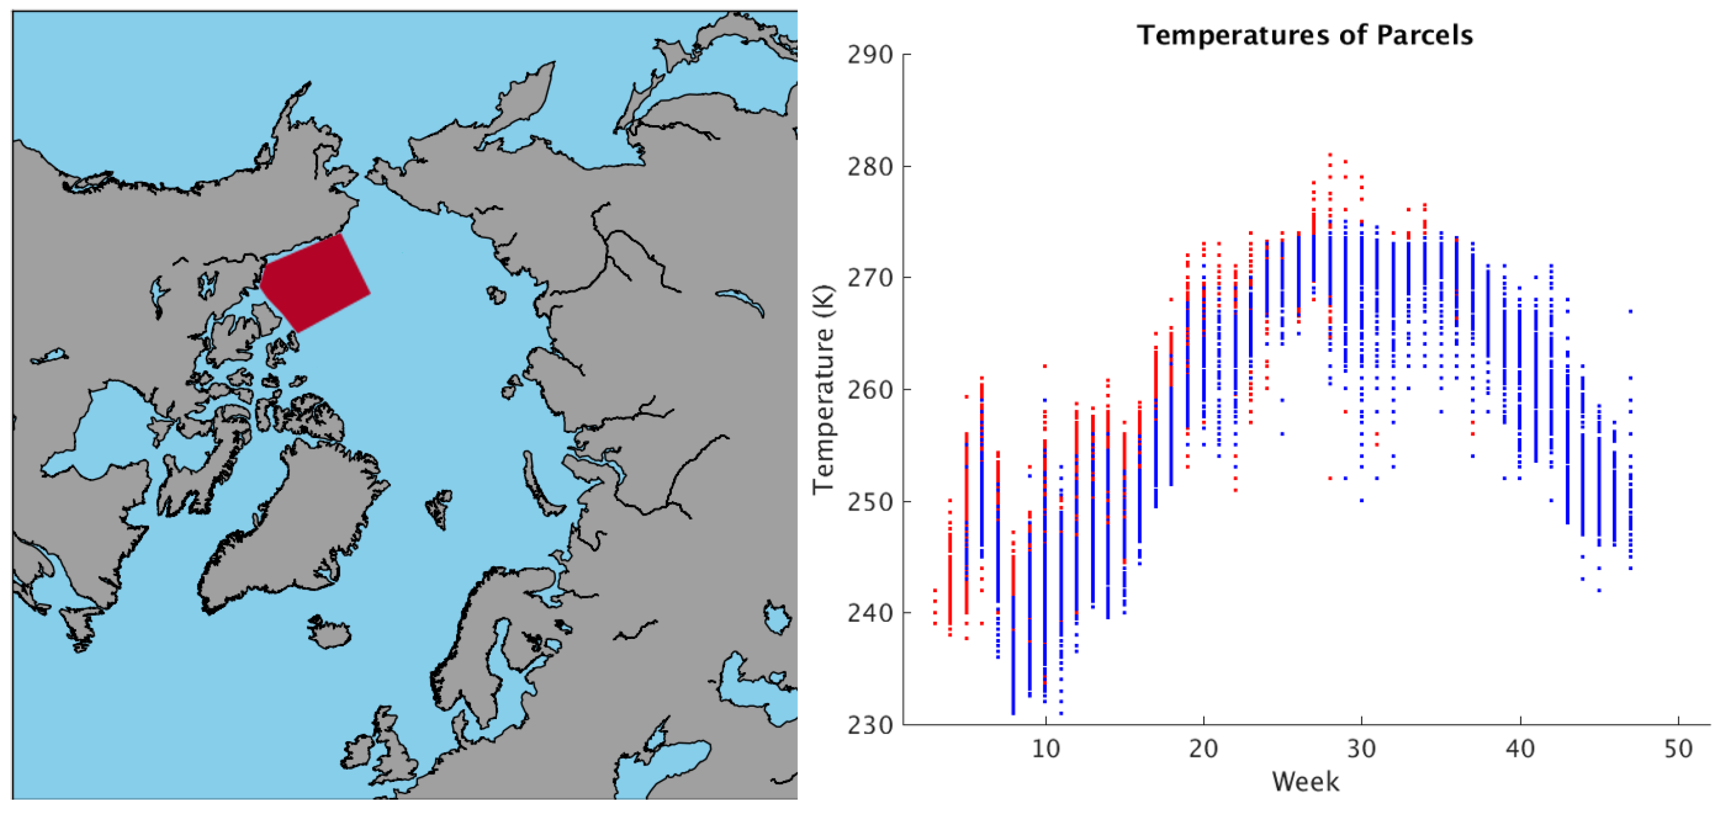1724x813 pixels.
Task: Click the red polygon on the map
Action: point(314,281)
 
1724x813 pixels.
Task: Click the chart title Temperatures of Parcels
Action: point(1305,35)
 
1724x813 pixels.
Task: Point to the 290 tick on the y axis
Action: point(870,55)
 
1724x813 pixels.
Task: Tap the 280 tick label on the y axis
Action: point(870,167)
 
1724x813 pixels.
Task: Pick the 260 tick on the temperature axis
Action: point(870,389)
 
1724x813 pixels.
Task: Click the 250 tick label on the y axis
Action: point(870,501)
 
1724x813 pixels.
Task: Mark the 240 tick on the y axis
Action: point(870,613)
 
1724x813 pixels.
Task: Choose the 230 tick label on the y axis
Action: point(870,725)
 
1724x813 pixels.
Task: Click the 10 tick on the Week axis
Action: point(1045,748)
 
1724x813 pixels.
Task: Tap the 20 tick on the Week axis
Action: point(1203,748)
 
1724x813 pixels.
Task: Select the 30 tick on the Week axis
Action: point(1361,748)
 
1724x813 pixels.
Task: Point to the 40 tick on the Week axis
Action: point(1520,748)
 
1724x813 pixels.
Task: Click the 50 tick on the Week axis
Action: point(1678,748)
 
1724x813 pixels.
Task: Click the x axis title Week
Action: point(1305,781)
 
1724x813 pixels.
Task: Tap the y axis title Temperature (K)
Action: point(824,389)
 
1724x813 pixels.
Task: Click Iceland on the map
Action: point(329,631)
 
